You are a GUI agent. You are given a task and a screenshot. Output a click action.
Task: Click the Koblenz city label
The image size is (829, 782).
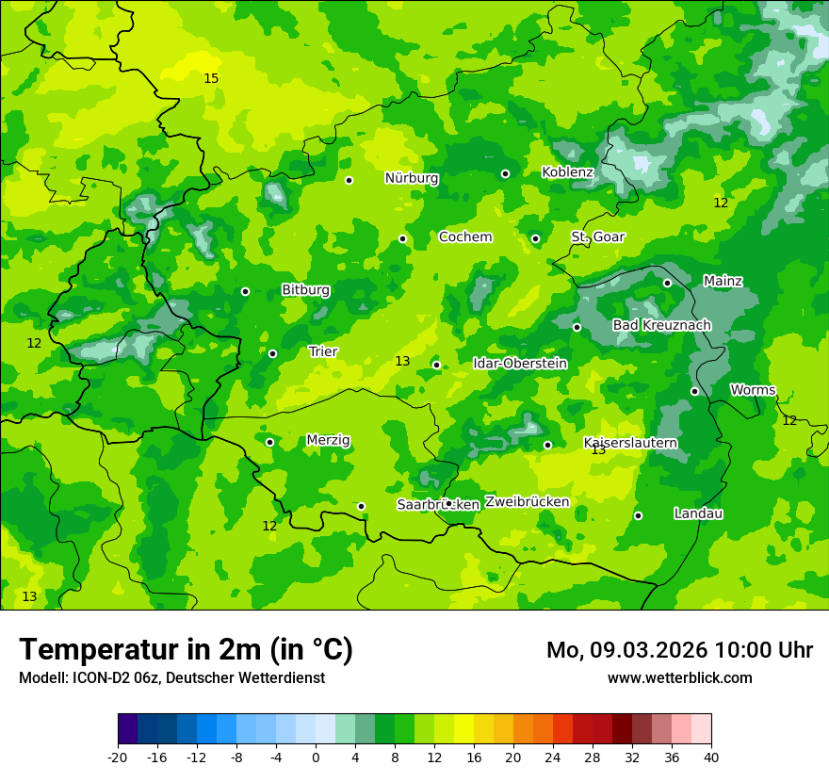point(567,172)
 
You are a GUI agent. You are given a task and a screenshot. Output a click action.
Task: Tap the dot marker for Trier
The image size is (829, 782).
point(272,354)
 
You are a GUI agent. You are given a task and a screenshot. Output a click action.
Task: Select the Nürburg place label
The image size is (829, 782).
point(412,178)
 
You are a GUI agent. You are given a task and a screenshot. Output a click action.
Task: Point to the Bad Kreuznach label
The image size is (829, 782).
point(661,325)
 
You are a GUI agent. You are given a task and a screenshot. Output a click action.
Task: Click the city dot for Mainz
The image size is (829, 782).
point(667,283)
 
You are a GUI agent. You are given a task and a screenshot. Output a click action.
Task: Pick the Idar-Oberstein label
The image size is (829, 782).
point(519,363)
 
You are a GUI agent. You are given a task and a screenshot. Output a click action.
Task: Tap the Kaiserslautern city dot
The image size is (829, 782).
point(547,445)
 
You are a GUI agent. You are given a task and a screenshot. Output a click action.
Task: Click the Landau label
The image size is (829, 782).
point(698,513)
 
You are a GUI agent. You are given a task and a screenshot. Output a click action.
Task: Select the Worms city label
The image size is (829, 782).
point(753,390)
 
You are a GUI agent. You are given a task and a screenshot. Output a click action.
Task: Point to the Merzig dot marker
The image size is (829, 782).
point(269,442)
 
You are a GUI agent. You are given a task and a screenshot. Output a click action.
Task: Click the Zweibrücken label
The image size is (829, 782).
point(527,501)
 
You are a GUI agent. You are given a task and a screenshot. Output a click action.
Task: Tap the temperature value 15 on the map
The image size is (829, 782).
point(211,78)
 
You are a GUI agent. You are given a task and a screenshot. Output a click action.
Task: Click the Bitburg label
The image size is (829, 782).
point(306,290)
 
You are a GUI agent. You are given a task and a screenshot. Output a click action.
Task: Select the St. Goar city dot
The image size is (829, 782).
point(535,238)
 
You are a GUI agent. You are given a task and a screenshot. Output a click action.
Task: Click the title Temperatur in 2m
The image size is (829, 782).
point(186,649)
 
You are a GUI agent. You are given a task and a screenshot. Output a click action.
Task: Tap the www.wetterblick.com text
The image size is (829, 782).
point(679,677)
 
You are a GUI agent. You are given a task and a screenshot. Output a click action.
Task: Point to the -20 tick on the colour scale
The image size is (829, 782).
point(118,757)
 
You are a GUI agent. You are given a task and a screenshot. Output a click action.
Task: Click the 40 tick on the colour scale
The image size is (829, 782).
point(710,757)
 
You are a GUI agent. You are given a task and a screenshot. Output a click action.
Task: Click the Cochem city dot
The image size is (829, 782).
point(402,238)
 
